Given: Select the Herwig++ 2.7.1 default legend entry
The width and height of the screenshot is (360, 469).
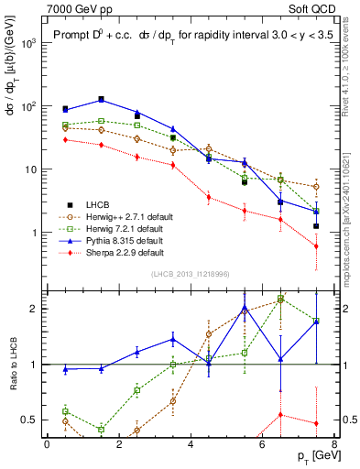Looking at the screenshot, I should click(125, 216).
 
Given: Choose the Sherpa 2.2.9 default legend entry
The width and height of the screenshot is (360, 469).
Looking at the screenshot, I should click(121, 252).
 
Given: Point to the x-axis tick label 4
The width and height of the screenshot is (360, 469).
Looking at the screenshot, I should click(191, 445).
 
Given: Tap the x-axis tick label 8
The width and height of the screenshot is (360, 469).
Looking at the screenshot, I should click(333, 445).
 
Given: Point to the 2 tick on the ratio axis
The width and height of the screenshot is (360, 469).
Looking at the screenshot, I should click(31, 309).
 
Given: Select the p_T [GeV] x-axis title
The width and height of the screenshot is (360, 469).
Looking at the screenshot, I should click(311, 457).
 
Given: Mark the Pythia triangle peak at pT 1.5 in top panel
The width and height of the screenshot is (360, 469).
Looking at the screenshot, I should click(101, 99).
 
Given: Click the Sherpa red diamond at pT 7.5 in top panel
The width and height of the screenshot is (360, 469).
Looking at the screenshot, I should click(316, 246).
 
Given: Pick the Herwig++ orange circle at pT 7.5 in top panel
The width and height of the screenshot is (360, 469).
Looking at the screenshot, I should click(316, 187).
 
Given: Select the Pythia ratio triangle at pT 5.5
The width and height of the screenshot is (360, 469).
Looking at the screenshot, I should click(245, 308).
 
